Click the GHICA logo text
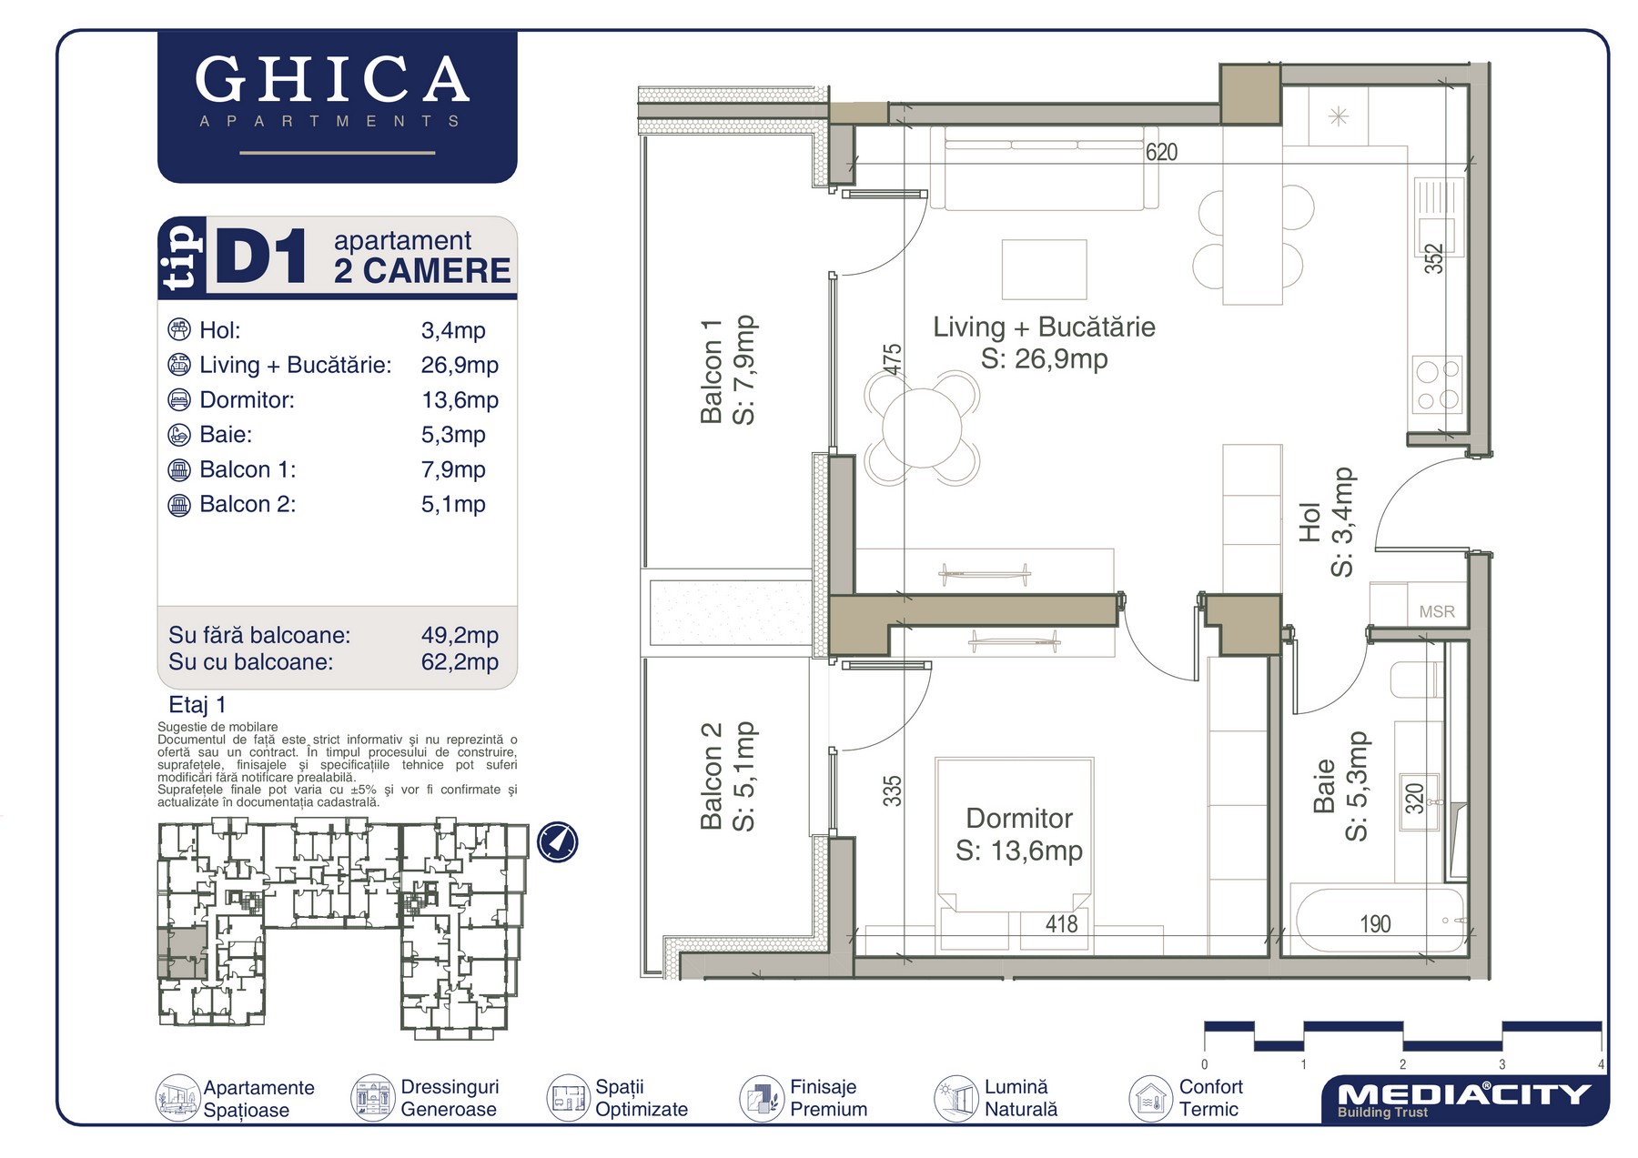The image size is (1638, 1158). (x=332, y=79)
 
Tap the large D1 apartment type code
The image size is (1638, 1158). (x=260, y=258)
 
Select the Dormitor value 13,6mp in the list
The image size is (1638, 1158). (x=460, y=400)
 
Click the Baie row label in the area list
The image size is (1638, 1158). (x=226, y=435)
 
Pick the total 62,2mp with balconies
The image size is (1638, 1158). (x=460, y=662)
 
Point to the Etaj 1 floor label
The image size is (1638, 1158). (x=197, y=705)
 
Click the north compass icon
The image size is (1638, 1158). (x=557, y=841)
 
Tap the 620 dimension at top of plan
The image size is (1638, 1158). (x=1161, y=152)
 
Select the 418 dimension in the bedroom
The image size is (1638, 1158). (x=1061, y=924)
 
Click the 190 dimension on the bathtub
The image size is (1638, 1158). (x=1375, y=924)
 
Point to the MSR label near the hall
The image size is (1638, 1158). (x=1437, y=612)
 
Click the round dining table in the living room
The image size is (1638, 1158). (x=922, y=428)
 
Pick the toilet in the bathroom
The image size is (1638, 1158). (x=1416, y=680)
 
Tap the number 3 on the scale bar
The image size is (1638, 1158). (x=1501, y=1064)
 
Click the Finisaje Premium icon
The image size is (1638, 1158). (x=762, y=1098)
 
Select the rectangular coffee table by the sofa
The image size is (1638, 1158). (x=1044, y=269)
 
